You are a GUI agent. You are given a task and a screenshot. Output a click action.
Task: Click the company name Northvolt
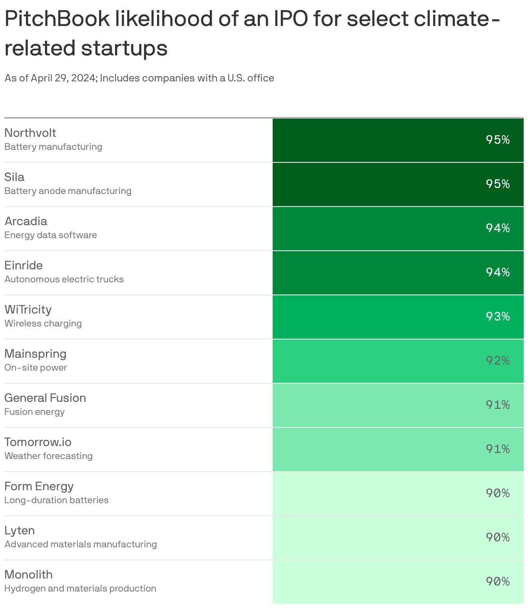tap(30, 133)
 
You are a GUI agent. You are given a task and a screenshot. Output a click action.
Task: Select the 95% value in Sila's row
tap(497, 184)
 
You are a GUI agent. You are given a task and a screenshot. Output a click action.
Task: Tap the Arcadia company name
tap(26, 221)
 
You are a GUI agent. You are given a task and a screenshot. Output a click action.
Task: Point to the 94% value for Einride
tap(497, 272)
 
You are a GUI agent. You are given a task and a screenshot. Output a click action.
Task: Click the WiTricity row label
tap(28, 310)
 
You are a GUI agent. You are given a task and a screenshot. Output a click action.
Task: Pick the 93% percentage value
tap(497, 317)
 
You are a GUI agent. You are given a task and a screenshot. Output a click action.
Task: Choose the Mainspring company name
tap(35, 354)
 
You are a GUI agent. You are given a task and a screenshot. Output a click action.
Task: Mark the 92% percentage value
tap(497, 361)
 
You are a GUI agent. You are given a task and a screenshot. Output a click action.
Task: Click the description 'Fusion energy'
tap(35, 412)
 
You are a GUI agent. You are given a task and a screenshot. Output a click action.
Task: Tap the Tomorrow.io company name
tap(38, 442)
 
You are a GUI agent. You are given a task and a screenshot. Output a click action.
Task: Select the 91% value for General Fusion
tap(497, 405)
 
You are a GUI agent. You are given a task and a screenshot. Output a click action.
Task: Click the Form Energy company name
tap(39, 486)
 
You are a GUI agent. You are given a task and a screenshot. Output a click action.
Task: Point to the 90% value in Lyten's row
tap(497, 537)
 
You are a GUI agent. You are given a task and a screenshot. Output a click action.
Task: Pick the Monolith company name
tap(29, 575)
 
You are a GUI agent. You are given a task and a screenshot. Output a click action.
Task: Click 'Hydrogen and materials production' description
tap(80, 589)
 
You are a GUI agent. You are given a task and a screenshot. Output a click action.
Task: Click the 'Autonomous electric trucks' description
tap(64, 279)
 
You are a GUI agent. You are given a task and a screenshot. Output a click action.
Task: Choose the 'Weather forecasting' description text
tap(48, 456)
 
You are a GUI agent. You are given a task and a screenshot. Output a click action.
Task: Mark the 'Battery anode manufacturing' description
tap(68, 191)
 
